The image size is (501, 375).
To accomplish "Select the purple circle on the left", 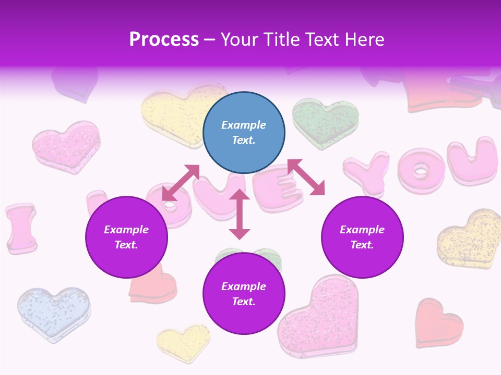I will [126, 237].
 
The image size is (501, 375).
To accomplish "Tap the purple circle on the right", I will [362, 237].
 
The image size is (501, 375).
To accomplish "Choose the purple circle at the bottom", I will [244, 294].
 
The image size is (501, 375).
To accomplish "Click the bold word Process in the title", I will [164, 39].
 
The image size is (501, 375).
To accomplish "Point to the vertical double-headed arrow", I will [240, 214].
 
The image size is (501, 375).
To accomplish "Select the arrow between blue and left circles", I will [181, 182].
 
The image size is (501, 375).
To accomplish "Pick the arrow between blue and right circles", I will [306, 177].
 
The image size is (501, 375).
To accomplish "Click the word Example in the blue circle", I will [244, 125].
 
